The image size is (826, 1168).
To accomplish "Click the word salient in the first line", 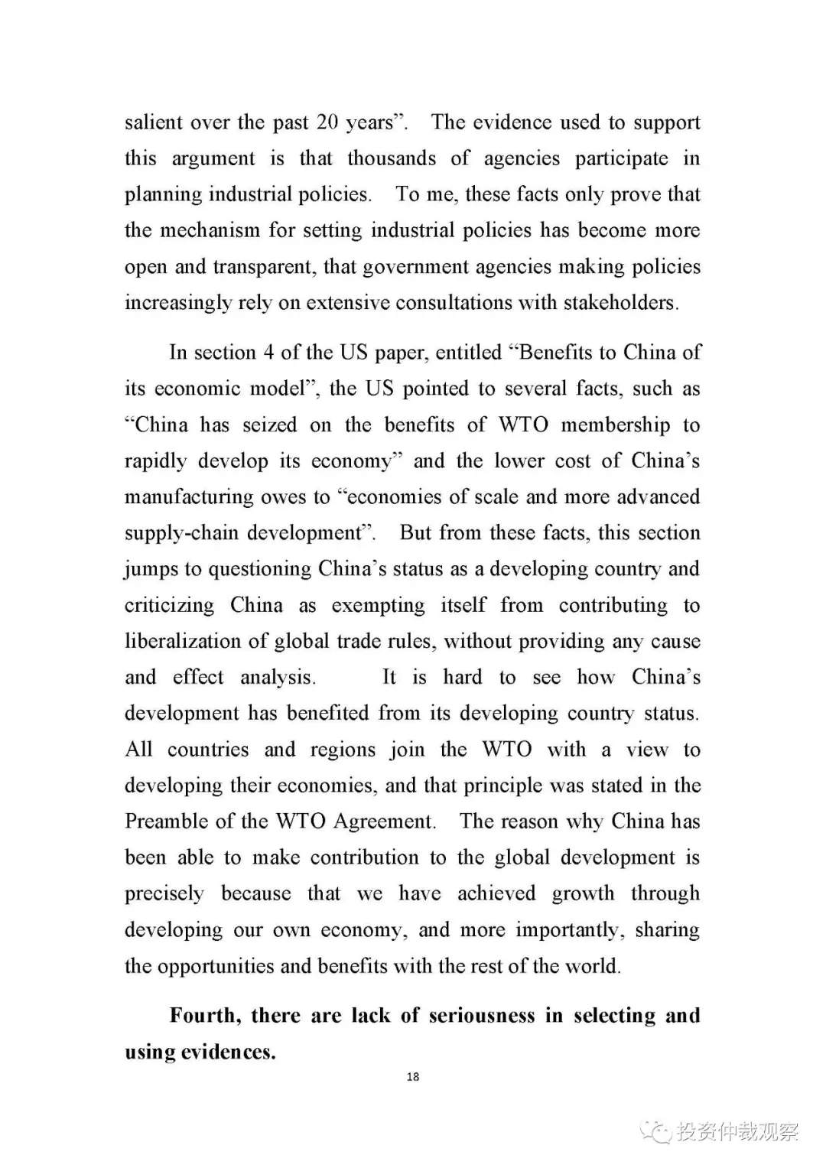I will [154, 122].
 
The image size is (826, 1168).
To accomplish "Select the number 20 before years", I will [327, 122].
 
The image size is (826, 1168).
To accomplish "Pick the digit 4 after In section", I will [268, 353].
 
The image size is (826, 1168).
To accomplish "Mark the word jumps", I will [150, 569].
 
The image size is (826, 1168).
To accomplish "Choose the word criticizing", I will [169, 606].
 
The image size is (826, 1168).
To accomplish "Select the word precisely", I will [164, 894].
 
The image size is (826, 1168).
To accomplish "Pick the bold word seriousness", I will [481, 1016].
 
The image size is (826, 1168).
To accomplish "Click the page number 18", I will [413, 1077].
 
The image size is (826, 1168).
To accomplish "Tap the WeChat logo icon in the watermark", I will [656, 1131].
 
